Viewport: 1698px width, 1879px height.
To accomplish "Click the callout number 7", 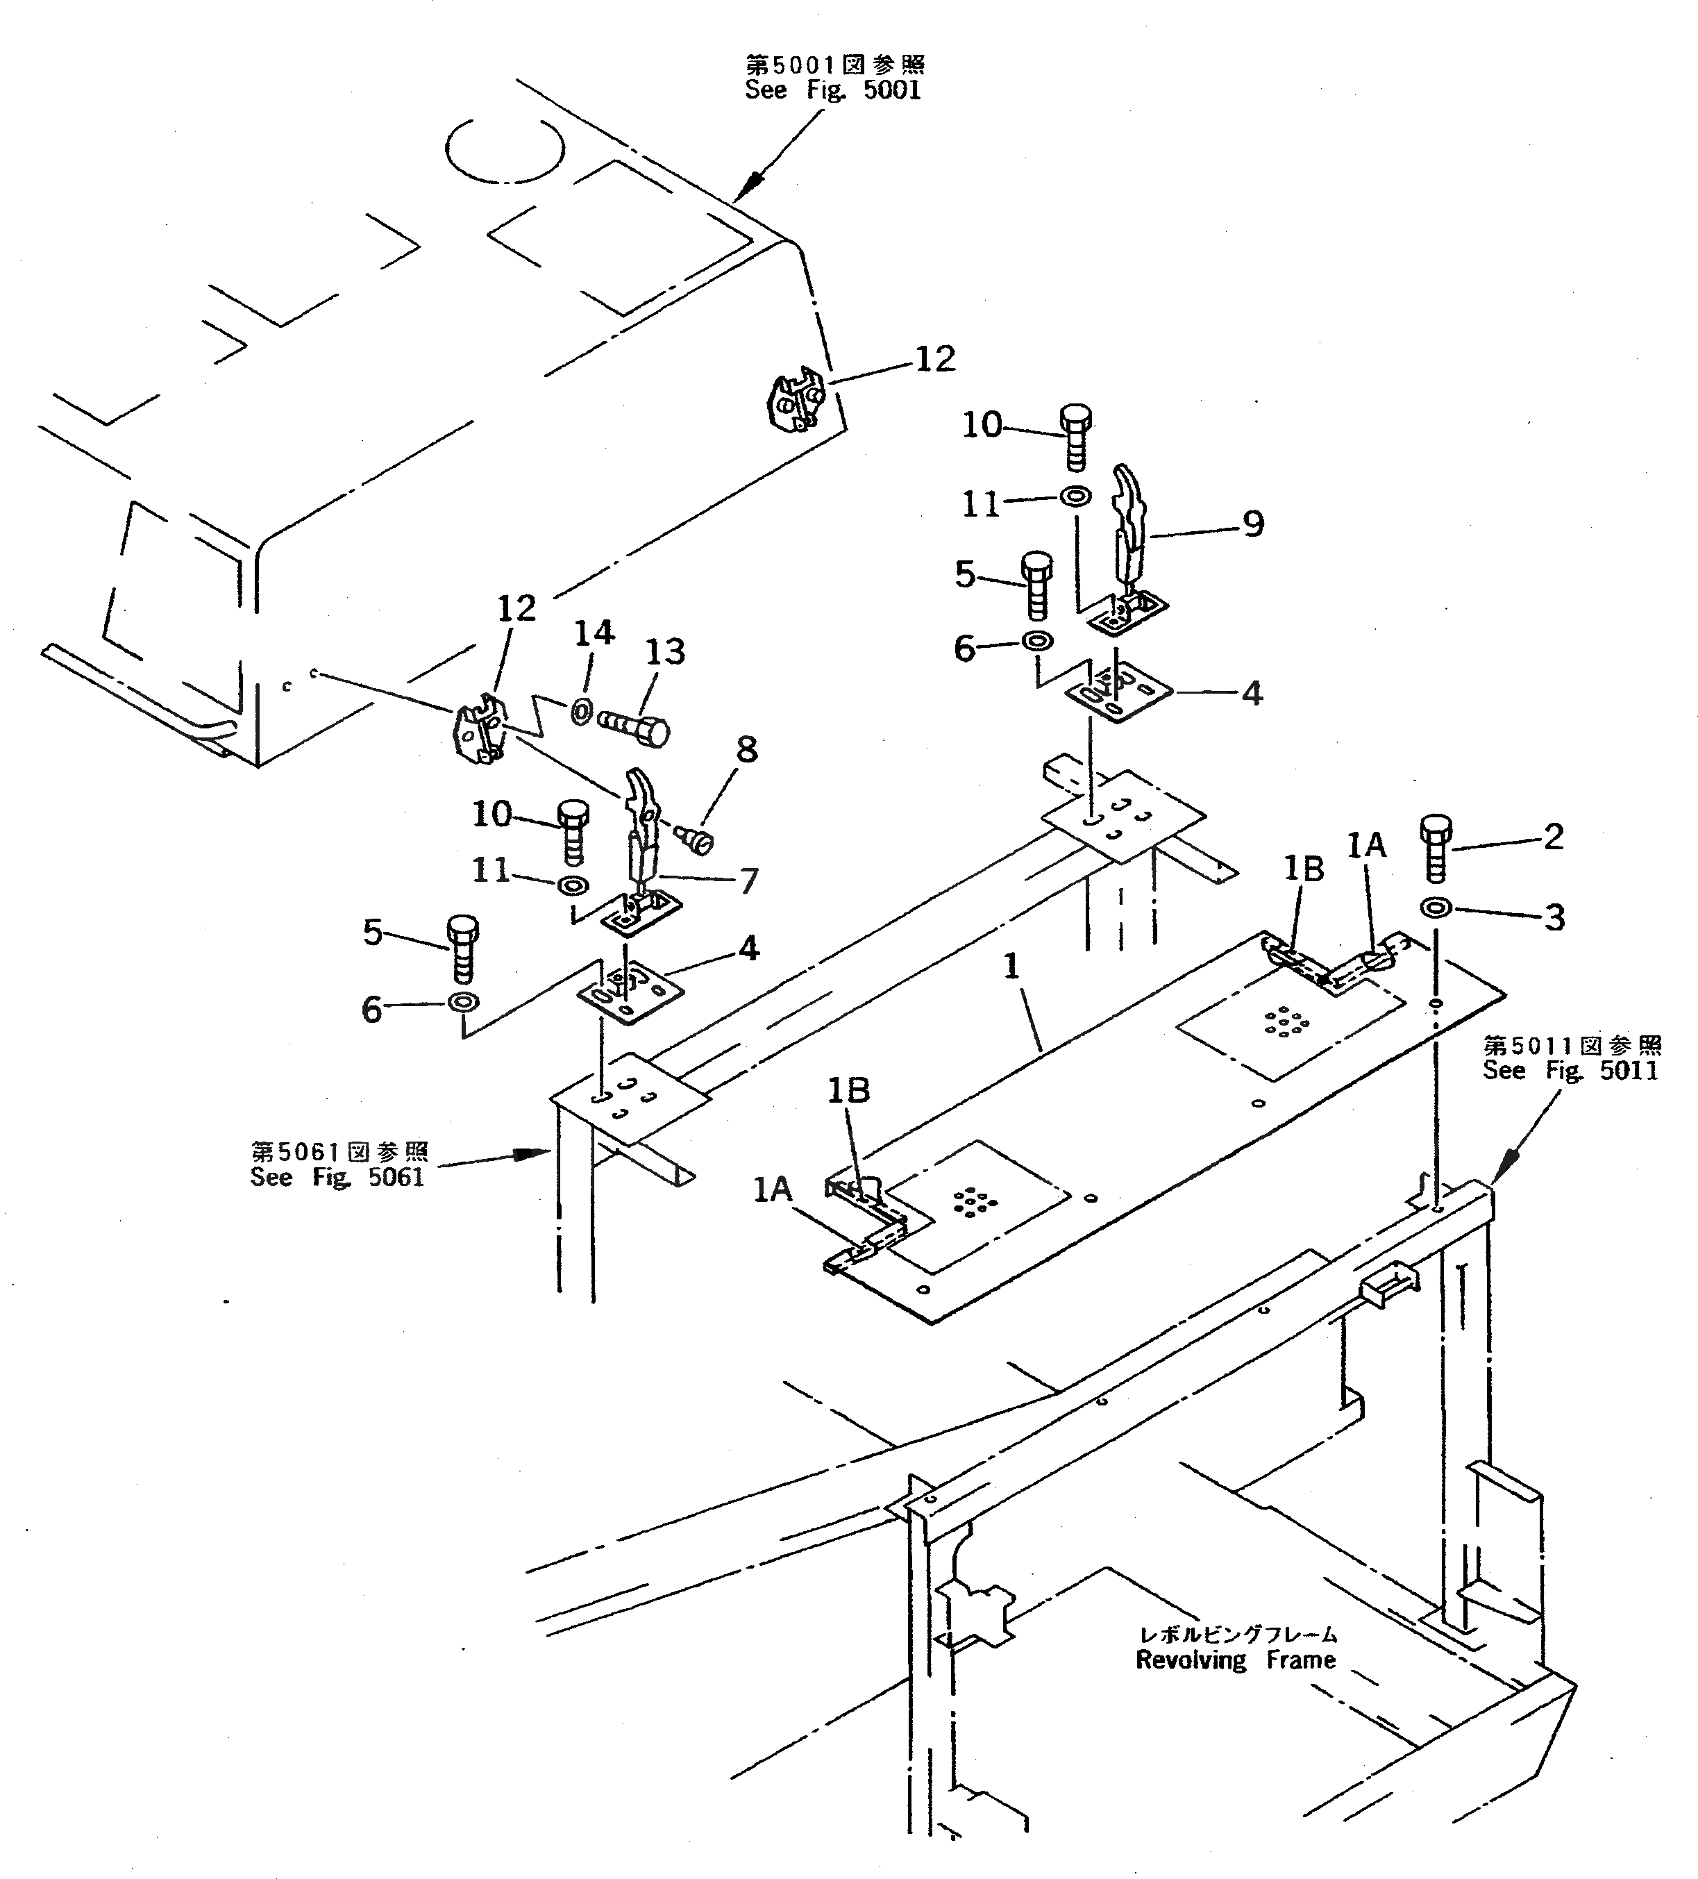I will point(748,880).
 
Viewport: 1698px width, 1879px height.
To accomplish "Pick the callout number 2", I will point(1553,836).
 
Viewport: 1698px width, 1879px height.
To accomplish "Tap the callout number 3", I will point(1554,917).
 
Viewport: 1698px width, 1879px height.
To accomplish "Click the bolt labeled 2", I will point(1435,848).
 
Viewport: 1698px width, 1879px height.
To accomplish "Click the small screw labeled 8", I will point(697,839).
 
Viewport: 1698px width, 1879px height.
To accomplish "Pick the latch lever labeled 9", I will point(1129,522).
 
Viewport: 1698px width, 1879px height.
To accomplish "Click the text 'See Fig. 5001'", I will point(832,90).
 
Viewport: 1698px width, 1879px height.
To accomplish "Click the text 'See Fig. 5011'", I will point(1570,1071).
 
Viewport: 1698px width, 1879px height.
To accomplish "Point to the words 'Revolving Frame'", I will point(1235,1660).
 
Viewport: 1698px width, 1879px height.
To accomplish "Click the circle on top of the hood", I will point(504,149).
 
